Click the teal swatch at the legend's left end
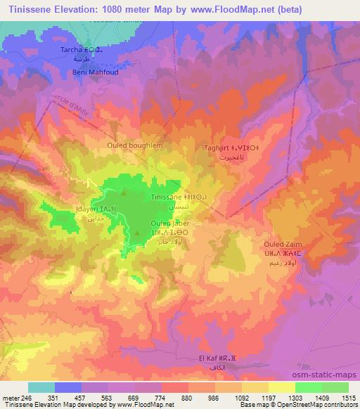[41, 387]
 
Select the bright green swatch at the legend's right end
[335, 387]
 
